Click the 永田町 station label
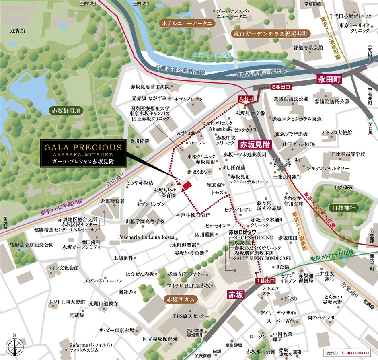[329, 80]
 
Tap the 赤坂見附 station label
[254, 144]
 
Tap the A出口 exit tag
[246, 98]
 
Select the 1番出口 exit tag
[265, 281]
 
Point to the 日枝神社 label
[341, 208]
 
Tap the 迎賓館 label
[17, 30]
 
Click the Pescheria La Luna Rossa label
[146, 237]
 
